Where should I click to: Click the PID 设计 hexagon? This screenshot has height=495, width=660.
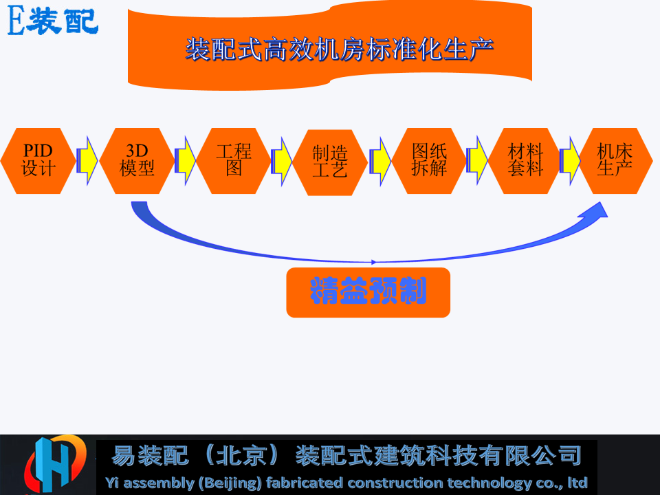tap(38, 161)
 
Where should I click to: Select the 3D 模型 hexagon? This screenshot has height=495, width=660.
tap(137, 161)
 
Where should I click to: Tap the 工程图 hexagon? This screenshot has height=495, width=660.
tap(234, 161)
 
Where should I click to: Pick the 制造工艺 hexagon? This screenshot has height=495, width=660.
tap(330, 162)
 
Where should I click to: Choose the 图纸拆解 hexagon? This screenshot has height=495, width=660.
tap(429, 161)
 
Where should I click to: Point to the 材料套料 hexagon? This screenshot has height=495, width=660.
tap(525, 161)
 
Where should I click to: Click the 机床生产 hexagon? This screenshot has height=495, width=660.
tap(615, 161)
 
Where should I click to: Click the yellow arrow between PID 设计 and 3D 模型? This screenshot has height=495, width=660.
tap(87, 160)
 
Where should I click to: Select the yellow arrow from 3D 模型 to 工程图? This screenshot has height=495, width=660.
tap(185, 160)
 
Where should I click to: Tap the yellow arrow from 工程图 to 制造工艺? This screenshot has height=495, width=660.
tap(282, 161)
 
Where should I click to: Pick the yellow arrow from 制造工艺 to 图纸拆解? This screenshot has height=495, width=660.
tap(380, 161)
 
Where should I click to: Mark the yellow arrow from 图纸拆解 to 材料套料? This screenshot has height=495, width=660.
tap(477, 160)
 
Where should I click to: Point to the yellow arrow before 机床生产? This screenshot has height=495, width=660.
tap(570, 160)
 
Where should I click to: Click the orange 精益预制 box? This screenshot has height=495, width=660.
tap(368, 293)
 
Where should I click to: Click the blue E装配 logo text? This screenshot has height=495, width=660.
tap(53, 21)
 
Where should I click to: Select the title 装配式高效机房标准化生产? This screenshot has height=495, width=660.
tap(339, 49)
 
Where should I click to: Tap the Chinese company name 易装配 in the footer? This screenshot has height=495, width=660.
tap(149, 455)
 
